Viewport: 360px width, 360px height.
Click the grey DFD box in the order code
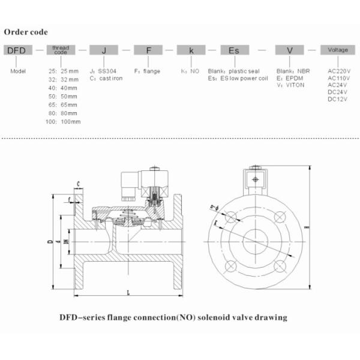[x=16, y=51]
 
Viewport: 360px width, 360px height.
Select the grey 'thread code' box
[x=61, y=51]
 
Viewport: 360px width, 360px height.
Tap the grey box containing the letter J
[x=104, y=51]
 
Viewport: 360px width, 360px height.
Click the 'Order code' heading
[x=26, y=32]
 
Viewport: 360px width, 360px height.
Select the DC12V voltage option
[x=338, y=99]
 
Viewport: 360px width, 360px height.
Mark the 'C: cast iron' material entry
[x=106, y=78]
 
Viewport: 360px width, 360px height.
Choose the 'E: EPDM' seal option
[x=290, y=78]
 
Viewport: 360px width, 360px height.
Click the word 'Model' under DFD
[x=18, y=71]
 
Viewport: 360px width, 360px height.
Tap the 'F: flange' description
[x=146, y=71]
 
